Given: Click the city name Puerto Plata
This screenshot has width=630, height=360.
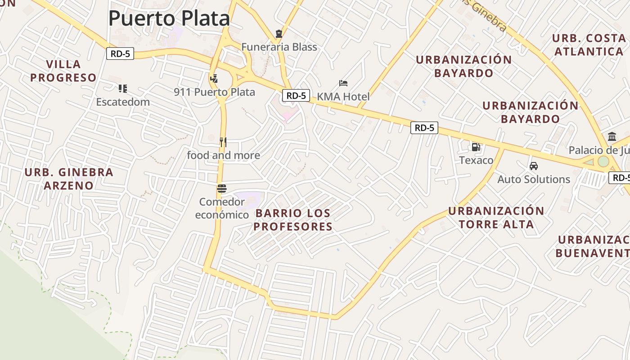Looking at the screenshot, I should coord(169,18).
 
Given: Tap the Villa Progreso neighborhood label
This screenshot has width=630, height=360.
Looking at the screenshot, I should coord(63,71).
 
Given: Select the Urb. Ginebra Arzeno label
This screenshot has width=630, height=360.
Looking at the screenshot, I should coord(69,179).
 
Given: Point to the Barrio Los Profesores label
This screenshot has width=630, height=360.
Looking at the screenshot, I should coord(292,220).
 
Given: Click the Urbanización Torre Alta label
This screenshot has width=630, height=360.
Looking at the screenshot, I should coord(496,217).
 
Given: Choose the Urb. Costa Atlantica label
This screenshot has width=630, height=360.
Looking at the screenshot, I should coord(588,45).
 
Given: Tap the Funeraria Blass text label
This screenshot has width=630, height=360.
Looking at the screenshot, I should coord(279,47).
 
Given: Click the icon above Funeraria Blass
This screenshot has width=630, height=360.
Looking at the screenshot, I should coord(279,34).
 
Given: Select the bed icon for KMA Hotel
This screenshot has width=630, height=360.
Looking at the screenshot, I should coord(343,83).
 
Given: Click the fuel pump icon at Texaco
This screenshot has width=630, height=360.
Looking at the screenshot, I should coord(476,147).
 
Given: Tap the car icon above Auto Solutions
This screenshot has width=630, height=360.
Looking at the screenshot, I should coord(534,166).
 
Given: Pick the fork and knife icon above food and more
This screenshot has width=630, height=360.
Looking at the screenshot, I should coord(223,142).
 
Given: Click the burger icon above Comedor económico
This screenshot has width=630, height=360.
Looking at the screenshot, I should coord(221,189).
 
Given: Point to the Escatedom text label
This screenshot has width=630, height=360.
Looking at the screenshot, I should coord(123,102).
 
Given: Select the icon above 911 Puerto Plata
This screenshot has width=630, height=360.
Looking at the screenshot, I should coord(214,79).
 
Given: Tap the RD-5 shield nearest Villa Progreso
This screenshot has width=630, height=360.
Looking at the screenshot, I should coord(121,54).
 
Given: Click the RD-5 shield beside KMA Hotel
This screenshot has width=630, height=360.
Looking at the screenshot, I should coord(296,95).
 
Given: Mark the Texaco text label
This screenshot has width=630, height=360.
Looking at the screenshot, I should coord(476,160).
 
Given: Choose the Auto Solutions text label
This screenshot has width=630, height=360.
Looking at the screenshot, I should coord(534,179).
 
